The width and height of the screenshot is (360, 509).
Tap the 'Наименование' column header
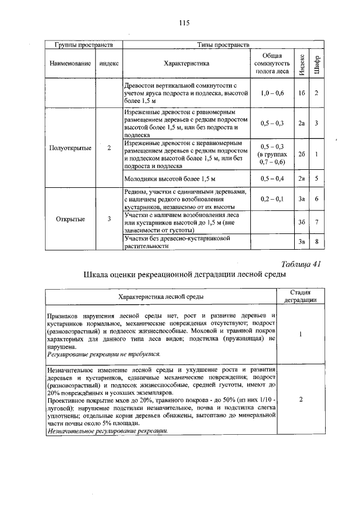pyautogui.click(x=70, y=64)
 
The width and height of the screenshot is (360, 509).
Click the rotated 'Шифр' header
pyautogui.click(x=317, y=65)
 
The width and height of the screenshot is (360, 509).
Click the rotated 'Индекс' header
pyautogui.click(x=302, y=65)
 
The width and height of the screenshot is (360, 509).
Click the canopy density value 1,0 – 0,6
pyautogui.click(x=272, y=92)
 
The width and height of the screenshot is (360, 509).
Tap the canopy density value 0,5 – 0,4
pyautogui.click(x=272, y=179)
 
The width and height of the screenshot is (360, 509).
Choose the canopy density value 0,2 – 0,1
pyautogui.click(x=272, y=199)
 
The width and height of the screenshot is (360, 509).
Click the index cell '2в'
pyautogui.click(x=301, y=179)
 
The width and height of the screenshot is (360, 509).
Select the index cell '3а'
pyautogui.click(x=301, y=199)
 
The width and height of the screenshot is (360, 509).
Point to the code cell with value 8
pyautogui.click(x=317, y=242)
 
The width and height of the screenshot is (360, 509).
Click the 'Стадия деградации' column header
pyautogui.click(x=300, y=296)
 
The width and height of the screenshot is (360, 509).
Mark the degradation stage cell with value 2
pyautogui.click(x=301, y=399)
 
